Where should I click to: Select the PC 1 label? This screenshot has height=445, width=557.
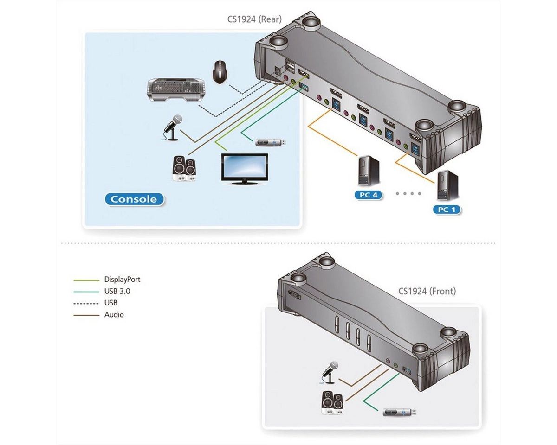click(447, 210)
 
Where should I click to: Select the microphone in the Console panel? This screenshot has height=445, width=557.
click(171, 126)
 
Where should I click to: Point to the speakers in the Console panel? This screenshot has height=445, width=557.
click(184, 168)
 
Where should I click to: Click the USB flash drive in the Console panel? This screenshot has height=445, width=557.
click(272, 142)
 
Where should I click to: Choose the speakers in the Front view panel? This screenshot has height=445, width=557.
click(332, 402)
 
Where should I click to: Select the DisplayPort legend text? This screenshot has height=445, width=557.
click(122, 280)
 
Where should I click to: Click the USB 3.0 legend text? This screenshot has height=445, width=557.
click(117, 291)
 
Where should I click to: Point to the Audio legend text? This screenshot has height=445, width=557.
click(114, 314)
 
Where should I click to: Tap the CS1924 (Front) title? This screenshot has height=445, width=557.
click(427, 291)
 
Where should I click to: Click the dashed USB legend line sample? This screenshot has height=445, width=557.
click(86, 303)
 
